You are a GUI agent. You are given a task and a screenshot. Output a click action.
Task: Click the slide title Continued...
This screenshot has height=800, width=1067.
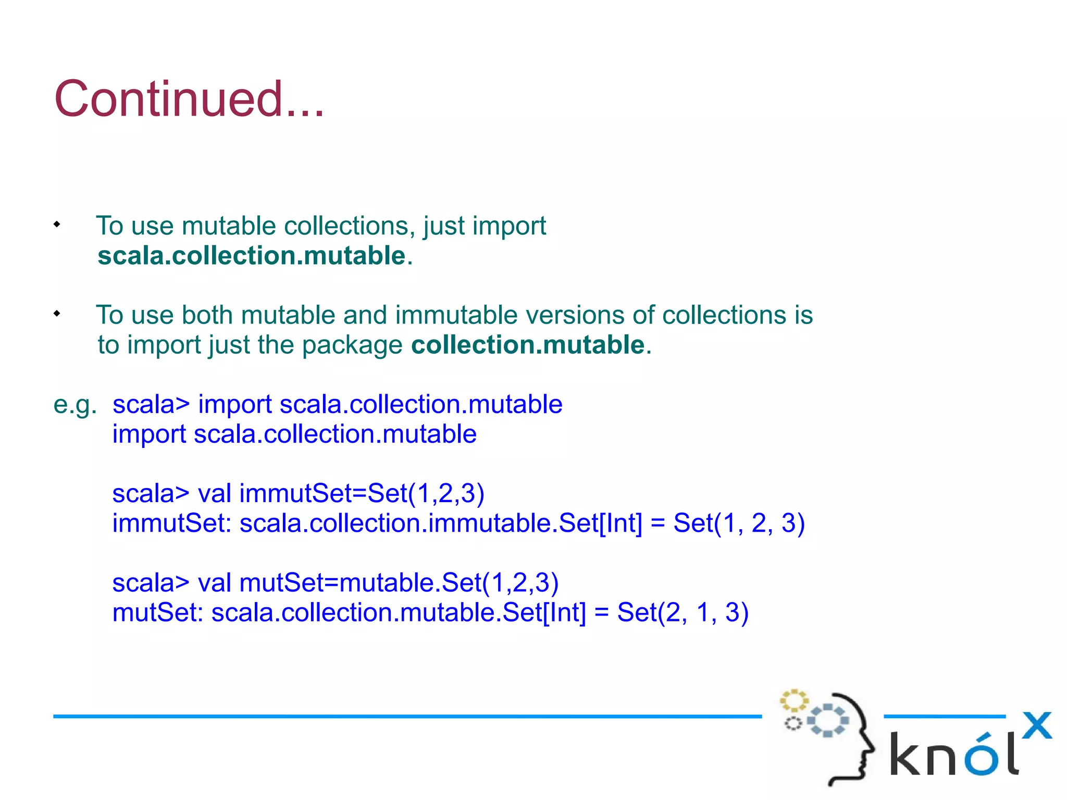(x=189, y=99)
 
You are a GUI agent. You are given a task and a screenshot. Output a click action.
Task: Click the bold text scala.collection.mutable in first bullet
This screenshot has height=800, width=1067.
(x=251, y=256)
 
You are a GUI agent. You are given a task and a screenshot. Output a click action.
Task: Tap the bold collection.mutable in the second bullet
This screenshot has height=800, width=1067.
(x=528, y=345)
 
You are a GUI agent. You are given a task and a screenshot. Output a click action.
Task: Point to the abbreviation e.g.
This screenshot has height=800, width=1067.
(x=75, y=405)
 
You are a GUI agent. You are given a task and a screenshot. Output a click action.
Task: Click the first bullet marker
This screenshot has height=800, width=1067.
(x=57, y=224)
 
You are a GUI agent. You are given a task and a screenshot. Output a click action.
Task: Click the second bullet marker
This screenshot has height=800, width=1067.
(x=57, y=314)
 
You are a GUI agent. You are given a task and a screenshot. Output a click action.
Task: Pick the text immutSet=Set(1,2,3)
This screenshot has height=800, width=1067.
(x=362, y=493)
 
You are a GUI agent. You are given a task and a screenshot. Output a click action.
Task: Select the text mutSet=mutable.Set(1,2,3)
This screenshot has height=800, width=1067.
(x=399, y=582)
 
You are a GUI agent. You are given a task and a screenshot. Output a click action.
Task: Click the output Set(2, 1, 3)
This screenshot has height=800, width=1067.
(x=683, y=612)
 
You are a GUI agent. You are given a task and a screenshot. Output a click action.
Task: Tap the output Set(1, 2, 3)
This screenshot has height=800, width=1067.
(x=739, y=523)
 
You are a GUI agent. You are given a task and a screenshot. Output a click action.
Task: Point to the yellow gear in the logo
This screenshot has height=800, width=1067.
(x=793, y=701)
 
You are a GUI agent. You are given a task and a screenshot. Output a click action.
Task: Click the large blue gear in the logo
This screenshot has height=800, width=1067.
(x=828, y=720)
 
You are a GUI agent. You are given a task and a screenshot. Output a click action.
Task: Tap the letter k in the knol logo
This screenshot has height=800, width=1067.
(x=907, y=754)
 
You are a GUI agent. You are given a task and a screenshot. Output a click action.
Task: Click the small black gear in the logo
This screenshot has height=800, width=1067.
(x=793, y=723)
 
